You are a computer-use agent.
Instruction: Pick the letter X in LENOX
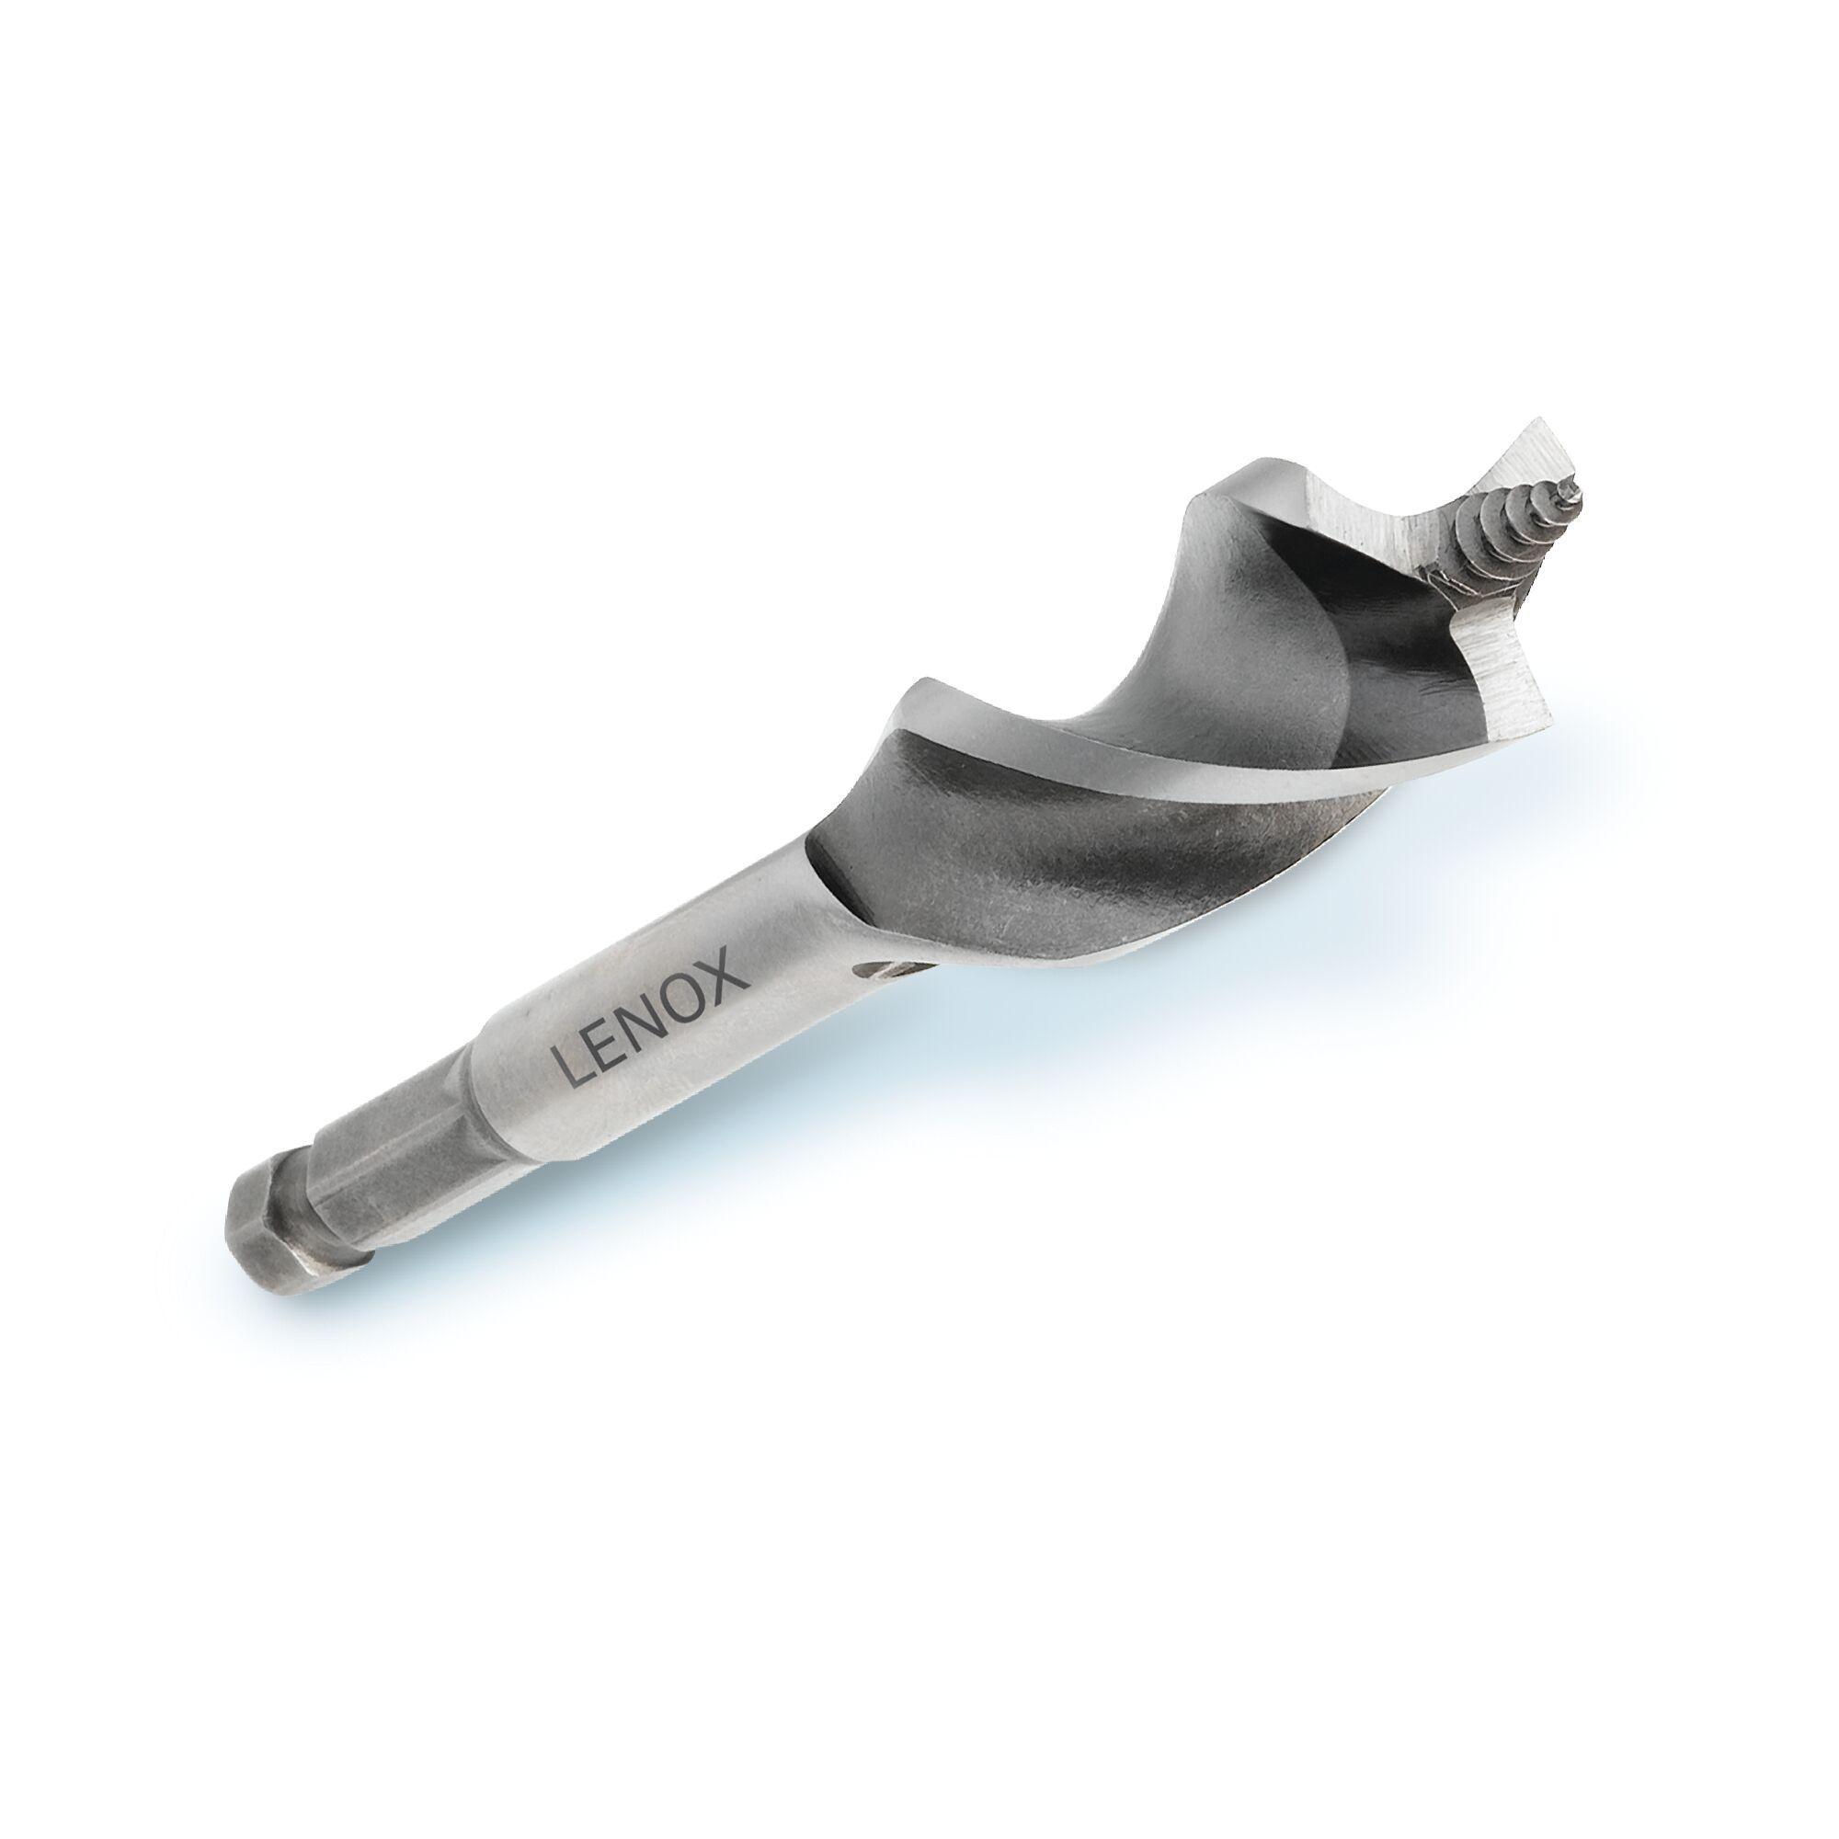tap(731, 964)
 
